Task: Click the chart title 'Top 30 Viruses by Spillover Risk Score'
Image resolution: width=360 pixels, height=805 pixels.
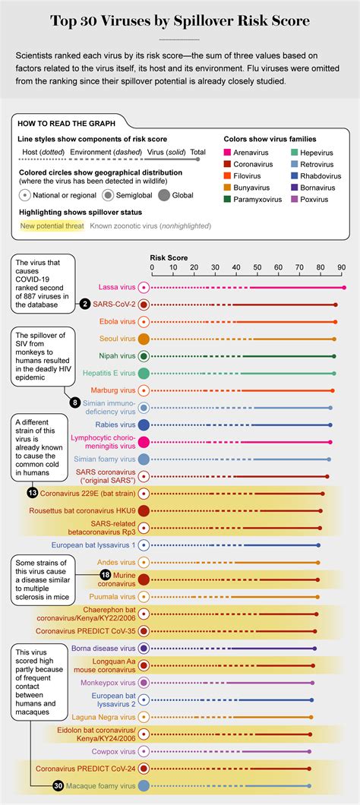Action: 180,21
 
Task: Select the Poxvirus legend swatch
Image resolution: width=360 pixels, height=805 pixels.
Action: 293,200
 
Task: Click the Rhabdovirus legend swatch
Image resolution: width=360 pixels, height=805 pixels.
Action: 293,177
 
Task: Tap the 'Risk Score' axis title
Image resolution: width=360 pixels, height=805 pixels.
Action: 169,257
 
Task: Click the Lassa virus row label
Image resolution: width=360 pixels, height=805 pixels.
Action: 117,288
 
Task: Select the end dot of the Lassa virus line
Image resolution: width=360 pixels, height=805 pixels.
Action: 343,288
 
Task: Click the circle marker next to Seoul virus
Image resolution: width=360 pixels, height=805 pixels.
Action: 144,339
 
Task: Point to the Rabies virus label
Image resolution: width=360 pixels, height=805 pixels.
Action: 116,425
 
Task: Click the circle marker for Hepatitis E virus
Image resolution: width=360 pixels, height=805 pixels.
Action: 144,373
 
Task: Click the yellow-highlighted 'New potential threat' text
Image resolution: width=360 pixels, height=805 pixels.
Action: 52,226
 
